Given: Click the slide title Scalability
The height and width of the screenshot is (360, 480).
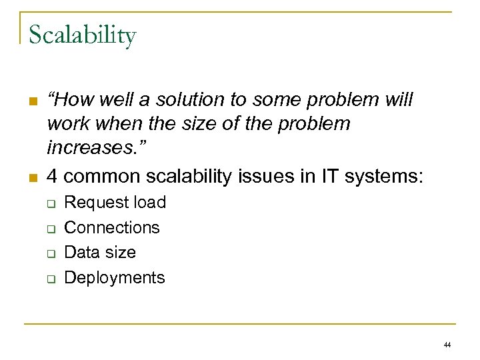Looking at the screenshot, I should [x=82, y=35].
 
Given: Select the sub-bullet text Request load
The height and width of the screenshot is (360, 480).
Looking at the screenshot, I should [x=115, y=202].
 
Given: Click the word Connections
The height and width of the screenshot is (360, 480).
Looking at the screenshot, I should [x=112, y=227].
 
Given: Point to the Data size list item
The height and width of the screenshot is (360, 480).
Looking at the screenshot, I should [x=100, y=252].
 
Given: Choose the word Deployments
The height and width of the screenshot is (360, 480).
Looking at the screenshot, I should [x=114, y=277].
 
